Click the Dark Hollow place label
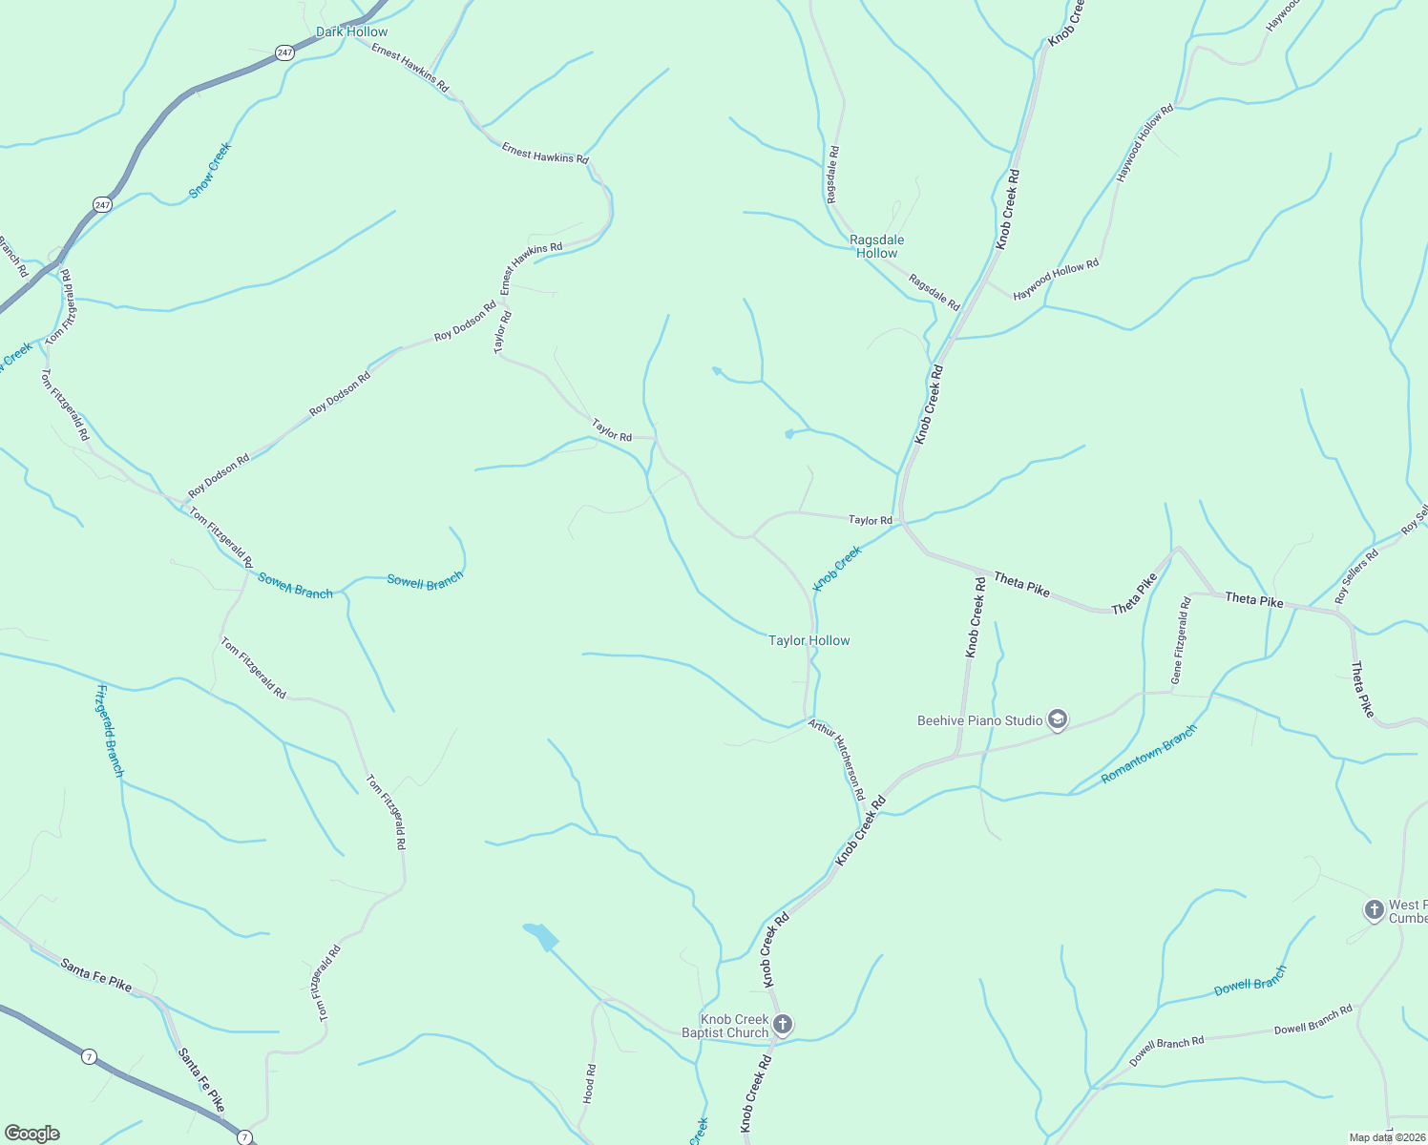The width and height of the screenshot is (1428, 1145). [351, 31]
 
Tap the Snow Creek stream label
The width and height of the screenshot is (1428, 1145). [210, 170]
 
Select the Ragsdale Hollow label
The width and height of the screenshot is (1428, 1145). [876, 246]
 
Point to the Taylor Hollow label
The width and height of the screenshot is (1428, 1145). [808, 640]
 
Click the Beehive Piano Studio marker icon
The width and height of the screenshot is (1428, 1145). [1057, 719]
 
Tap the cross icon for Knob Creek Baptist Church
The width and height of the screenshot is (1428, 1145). [782, 1025]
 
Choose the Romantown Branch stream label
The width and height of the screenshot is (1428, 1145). [1148, 754]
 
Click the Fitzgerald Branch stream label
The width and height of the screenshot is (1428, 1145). [110, 730]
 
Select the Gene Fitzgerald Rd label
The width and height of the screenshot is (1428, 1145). [1181, 640]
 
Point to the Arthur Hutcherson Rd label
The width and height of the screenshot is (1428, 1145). [837, 760]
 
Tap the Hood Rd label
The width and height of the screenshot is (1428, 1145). [589, 1084]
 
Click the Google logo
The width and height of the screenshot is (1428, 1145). [32, 1134]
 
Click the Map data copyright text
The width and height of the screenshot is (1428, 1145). [1386, 1137]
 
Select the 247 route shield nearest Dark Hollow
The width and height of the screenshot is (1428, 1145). [285, 53]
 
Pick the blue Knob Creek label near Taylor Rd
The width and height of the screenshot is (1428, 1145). [837, 568]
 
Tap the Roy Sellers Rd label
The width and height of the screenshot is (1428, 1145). [1356, 575]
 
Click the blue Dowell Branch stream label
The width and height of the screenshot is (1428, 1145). [1250, 981]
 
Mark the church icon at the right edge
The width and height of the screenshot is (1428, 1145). [1374, 910]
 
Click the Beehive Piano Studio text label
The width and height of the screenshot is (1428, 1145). [979, 720]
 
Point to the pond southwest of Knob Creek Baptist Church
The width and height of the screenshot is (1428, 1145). [540, 935]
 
